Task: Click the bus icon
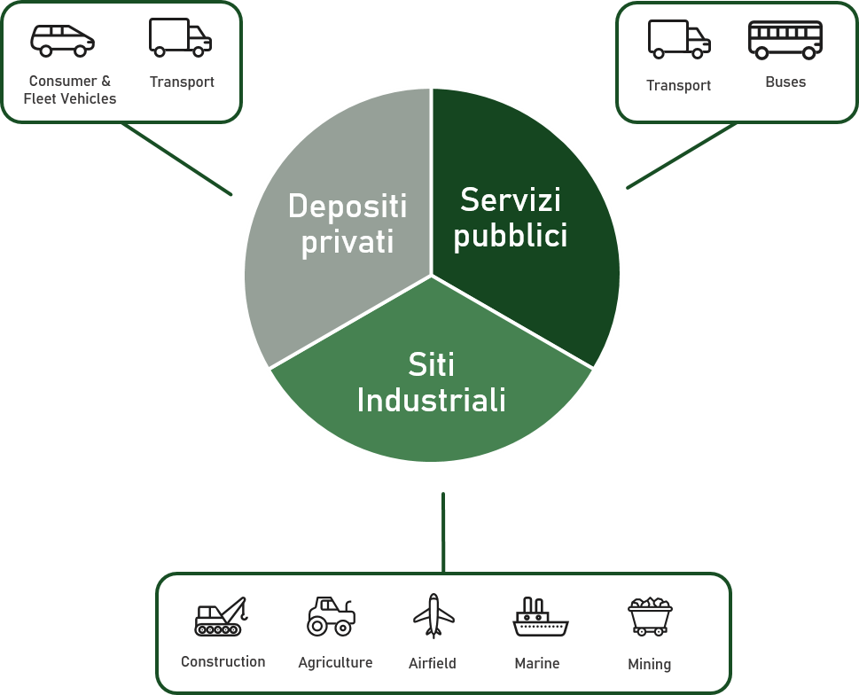785,40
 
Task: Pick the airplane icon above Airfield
433,615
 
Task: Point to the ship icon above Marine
540,616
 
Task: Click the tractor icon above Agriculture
331,615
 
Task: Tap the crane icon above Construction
221,616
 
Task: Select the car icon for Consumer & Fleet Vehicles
62,40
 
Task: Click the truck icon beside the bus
679,40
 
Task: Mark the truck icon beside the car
181,37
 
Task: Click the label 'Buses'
785,82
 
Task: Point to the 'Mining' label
649,664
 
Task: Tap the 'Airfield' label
433,663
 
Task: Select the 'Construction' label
223,661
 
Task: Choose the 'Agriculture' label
335,662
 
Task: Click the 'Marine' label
537,663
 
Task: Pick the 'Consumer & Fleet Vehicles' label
70,90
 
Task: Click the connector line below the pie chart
443,532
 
